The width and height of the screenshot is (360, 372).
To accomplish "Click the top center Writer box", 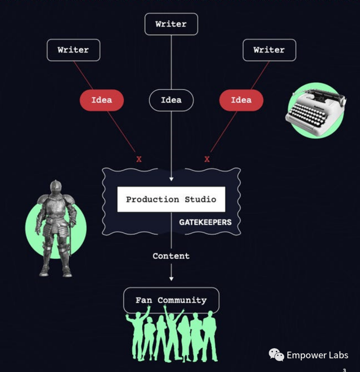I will (171, 24).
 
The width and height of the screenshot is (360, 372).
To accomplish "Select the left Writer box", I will (73, 50).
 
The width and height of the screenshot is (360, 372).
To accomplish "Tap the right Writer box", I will (269, 50).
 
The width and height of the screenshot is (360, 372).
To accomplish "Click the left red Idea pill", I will (101, 100).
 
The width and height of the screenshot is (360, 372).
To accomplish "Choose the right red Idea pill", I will (241, 100).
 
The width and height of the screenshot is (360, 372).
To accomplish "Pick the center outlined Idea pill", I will (171, 100).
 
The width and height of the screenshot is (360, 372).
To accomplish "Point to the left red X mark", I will (139, 159).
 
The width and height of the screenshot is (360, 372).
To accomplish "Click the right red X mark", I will (207, 159).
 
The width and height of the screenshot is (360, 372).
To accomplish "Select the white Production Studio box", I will (171, 199).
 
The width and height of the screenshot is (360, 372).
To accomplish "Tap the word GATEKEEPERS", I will (205, 222).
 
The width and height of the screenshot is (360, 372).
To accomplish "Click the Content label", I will (171, 256).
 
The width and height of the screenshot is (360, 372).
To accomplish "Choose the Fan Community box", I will (171, 300).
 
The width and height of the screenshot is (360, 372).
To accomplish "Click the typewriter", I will (315, 109).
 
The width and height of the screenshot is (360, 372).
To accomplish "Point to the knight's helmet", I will (56, 187).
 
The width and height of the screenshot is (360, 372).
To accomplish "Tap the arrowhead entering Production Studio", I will (171, 179).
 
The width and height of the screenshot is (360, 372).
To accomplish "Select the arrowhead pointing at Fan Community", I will (171, 279).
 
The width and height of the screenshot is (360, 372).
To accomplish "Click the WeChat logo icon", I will (276, 355).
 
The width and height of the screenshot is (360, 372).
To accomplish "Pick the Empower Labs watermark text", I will (317, 355).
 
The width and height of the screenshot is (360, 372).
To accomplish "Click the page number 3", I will (344, 370).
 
